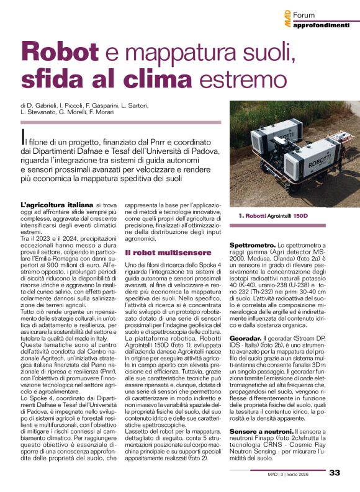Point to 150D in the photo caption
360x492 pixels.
click(x=299, y=215)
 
